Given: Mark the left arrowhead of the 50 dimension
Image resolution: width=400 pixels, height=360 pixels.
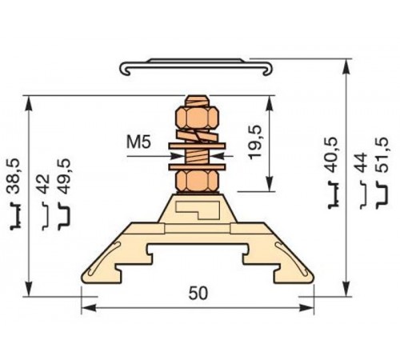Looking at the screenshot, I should tap(86, 306).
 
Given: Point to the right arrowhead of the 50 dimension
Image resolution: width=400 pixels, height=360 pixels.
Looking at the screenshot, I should tap(308, 306).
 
